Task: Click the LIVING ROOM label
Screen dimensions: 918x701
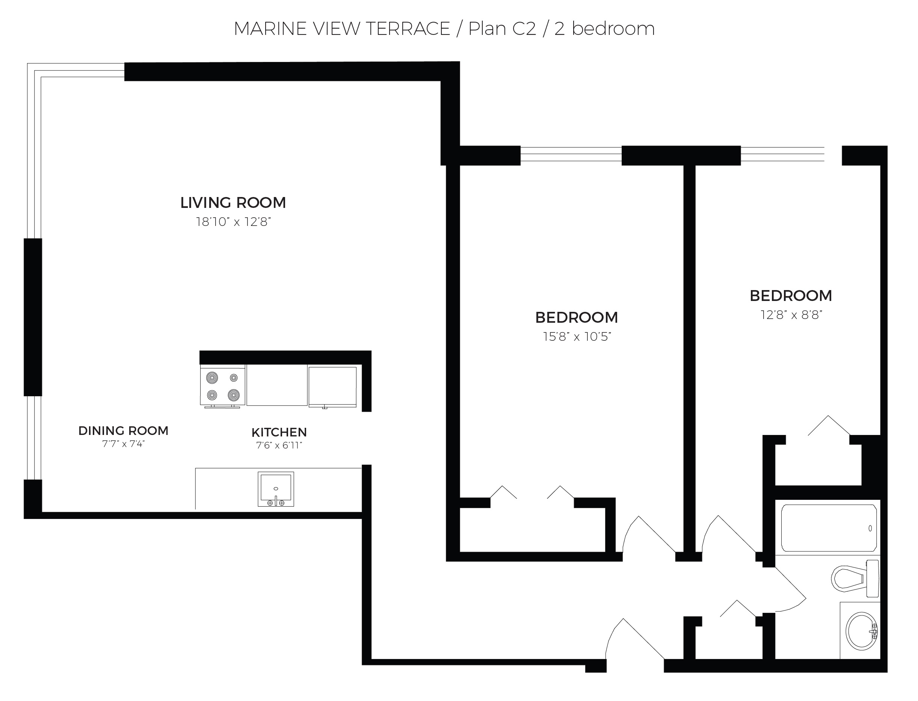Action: coord(233,203)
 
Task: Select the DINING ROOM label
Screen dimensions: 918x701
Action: coord(123,430)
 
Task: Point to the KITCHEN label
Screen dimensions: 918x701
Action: coord(279,432)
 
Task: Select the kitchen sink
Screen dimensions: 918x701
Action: coord(276,489)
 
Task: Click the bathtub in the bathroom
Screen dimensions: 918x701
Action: coord(829,528)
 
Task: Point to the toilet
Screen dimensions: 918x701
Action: coord(855,579)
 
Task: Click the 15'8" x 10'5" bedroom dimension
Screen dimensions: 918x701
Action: coord(577,336)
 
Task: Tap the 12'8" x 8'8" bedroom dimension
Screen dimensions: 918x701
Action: coord(791,314)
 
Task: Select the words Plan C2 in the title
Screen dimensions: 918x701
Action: coord(502,29)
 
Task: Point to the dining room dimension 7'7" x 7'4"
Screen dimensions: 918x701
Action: coord(123,444)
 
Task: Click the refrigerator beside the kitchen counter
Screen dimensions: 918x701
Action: coord(332,387)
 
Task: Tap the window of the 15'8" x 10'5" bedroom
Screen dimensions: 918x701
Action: coord(571,154)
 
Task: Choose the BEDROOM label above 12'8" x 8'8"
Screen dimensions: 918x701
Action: coord(791,296)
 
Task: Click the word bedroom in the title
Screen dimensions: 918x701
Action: coord(613,29)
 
